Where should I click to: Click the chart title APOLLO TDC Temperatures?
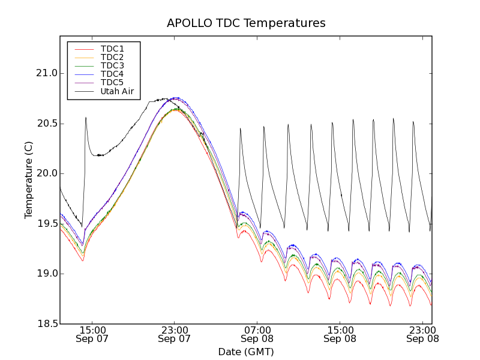pyautogui.click(x=246, y=23)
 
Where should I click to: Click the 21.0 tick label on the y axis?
pyautogui.click(x=46, y=73)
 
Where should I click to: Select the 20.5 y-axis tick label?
pyautogui.click(x=46, y=124)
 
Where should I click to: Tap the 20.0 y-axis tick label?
pyautogui.click(x=46, y=173)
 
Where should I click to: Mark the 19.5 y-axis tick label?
pyautogui.click(x=46, y=224)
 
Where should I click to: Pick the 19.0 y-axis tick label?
pyautogui.click(x=46, y=274)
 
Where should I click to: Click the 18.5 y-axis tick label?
pyautogui.click(x=46, y=324)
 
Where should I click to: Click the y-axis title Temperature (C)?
pyautogui.click(x=29, y=180)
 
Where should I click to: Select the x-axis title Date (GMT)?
pyautogui.click(x=246, y=352)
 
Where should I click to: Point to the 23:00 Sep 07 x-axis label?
pyautogui.click(x=175, y=334)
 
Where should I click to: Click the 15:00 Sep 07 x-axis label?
pyautogui.click(x=92, y=334)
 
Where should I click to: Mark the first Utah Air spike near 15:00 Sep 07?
pyautogui.click(x=86, y=118)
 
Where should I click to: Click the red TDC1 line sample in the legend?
pyautogui.click(x=83, y=49)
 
